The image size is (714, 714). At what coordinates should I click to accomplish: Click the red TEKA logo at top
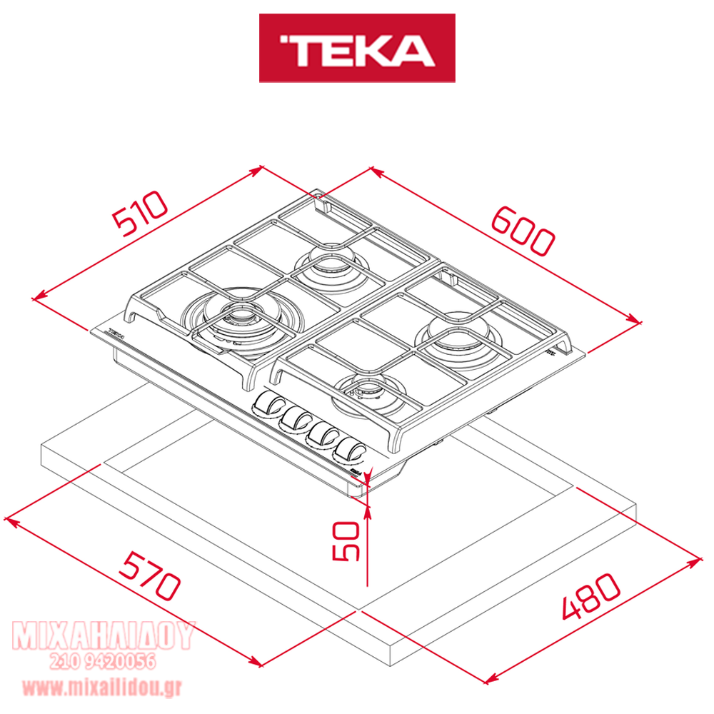(357, 48)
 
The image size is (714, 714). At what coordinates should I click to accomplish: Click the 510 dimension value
(140, 213)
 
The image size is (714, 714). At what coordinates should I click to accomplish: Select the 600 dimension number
(523, 231)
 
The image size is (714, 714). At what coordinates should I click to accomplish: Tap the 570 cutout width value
(150, 575)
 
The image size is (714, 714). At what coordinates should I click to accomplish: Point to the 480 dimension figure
(591, 596)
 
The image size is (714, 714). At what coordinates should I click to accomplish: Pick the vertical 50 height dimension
(346, 541)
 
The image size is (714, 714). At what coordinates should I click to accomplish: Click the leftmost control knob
(268, 404)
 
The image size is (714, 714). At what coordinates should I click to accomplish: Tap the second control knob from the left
(295, 419)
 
